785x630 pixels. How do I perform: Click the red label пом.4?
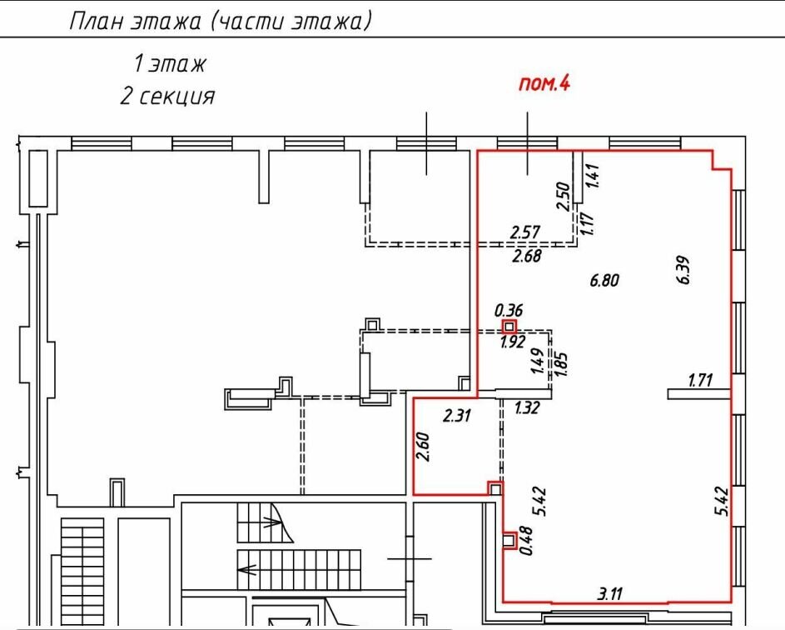544,83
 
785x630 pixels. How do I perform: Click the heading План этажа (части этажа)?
221,22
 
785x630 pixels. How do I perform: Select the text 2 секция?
167,96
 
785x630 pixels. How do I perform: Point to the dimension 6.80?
604,280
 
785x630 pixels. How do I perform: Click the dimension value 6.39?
683,270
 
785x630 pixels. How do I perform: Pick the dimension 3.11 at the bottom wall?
610,594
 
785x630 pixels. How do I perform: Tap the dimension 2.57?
524,232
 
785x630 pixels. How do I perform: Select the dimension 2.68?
527,256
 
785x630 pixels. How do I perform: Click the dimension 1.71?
700,380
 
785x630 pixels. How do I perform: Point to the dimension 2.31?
456,415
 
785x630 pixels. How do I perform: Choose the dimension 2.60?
423,447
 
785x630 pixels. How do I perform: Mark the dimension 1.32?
527,407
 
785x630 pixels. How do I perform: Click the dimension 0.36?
508,310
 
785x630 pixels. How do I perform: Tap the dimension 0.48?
526,540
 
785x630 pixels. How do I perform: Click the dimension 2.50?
564,196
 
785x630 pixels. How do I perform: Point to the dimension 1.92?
513,342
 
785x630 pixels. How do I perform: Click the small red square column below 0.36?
509,327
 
